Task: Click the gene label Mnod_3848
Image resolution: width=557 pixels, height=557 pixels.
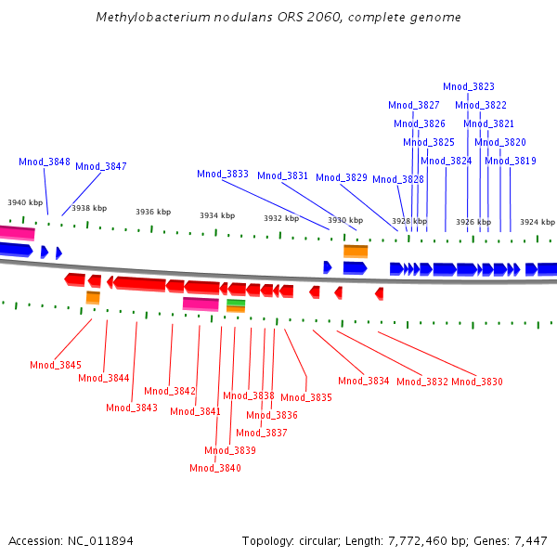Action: (45, 162)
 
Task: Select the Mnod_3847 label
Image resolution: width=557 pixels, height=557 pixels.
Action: (101, 166)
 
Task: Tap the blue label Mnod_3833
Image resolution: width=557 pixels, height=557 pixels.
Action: (223, 175)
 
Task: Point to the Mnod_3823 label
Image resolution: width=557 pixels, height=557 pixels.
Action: (469, 86)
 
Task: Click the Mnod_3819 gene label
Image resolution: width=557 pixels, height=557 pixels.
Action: (511, 161)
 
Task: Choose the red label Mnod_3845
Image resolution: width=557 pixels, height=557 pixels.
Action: (56, 365)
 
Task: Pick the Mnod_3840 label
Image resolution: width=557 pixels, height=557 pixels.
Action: (215, 468)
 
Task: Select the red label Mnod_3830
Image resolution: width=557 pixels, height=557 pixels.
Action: (477, 382)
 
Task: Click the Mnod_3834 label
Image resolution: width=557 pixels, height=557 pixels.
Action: (364, 382)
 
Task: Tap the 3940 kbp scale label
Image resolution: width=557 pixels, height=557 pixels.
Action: (25, 202)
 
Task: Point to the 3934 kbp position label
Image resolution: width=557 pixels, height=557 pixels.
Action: (217, 215)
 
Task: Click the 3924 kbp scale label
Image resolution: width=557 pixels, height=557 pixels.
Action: (538, 222)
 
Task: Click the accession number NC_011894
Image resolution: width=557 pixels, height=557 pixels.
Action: (100, 541)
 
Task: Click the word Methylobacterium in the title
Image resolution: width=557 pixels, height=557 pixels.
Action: (153, 18)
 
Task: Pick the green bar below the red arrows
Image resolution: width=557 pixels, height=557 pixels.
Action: (236, 303)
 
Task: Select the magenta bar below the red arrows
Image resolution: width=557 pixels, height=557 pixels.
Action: (201, 304)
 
